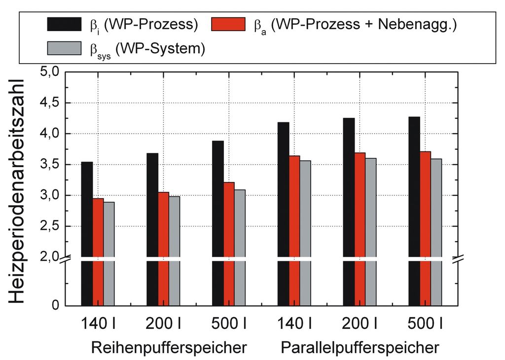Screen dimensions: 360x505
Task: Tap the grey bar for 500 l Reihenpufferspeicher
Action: [x=239, y=247]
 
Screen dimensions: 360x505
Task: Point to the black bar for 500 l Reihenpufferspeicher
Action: [x=217, y=222]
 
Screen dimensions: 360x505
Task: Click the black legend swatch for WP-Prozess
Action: [x=64, y=24]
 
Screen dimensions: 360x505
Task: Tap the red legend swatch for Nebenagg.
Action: [x=228, y=24]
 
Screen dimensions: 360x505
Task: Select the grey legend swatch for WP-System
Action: [x=64, y=48]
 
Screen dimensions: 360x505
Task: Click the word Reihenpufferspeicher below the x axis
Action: [x=169, y=348]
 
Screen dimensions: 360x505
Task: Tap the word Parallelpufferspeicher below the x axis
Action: [x=360, y=348]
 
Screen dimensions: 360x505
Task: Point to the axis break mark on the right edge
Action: [x=460, y=258]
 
